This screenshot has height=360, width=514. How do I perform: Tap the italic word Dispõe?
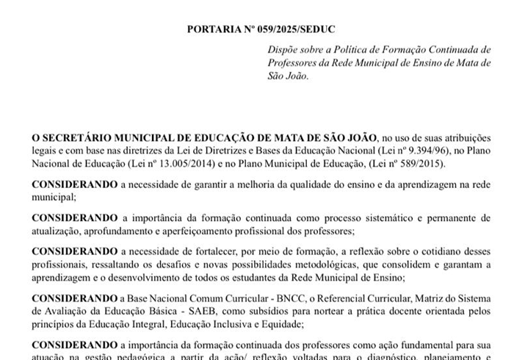[284, 49]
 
